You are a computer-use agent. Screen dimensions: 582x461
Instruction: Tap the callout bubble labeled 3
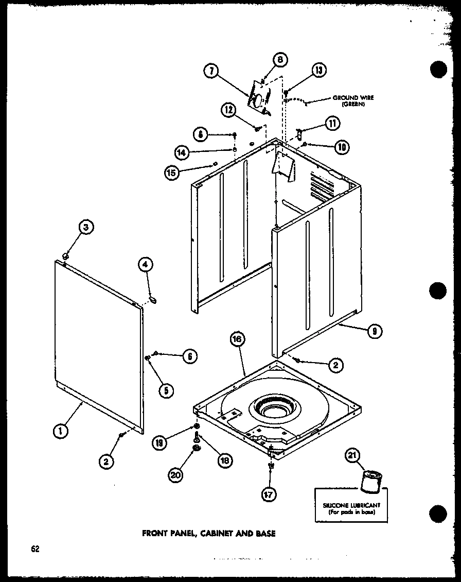86,227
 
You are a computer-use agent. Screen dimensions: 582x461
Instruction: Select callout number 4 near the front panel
145,265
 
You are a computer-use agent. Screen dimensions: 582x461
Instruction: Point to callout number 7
211,73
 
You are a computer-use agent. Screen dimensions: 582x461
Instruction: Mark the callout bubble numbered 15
172,173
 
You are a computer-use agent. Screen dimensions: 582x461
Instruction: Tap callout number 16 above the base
238,339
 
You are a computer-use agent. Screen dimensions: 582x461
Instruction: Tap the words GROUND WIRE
353,97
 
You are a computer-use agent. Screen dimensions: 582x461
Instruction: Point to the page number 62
35,549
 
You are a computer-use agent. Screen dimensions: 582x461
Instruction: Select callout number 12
228,109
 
